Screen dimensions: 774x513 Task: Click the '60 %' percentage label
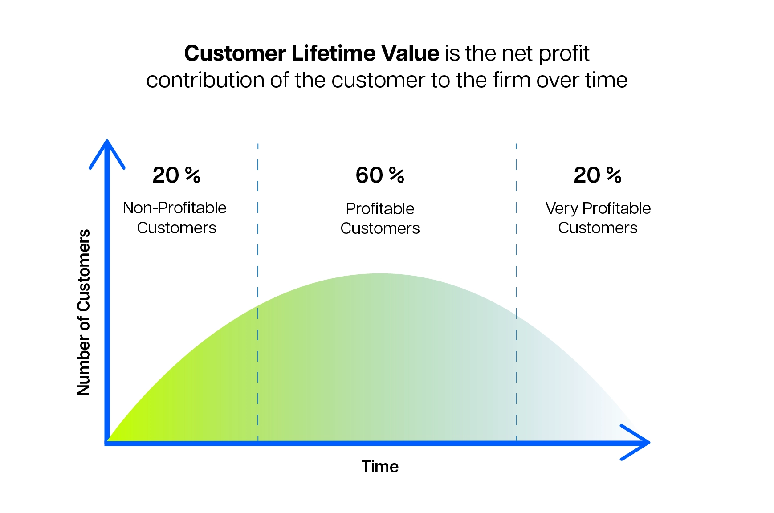[x=379, y=175]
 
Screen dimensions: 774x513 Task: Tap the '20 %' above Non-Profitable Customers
[x=176, y=175]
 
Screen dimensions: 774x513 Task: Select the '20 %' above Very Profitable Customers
[x=597, y=175]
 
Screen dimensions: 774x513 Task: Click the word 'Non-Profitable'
[x=175, y=208]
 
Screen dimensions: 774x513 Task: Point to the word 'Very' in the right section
[x=562, y=208]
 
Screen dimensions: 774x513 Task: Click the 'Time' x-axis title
[x=380, y=466]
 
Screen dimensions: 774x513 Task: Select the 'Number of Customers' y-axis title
[x=84, y=312]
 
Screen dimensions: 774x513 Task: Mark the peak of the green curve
[x=380, y=274]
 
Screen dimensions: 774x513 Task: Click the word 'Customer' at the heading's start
[x=235, y=53]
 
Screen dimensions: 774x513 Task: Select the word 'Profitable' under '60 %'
[x=380, y=209]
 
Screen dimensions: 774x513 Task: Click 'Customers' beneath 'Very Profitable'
[x=598, y=228]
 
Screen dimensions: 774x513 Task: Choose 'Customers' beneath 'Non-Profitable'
[x=176, y=228]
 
